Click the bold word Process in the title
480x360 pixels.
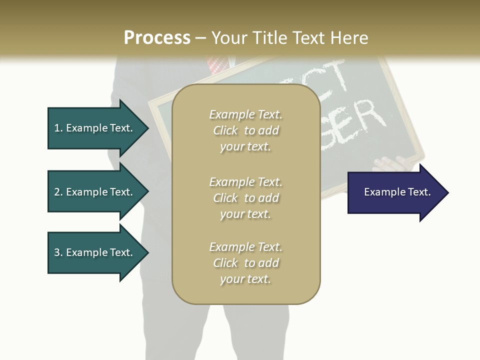157,38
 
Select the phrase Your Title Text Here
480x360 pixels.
290,38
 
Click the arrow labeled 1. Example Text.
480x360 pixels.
95,128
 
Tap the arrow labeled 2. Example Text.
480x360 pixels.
95,192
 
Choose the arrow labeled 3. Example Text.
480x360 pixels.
95,252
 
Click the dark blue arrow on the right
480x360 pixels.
395,192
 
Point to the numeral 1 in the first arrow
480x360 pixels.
57,128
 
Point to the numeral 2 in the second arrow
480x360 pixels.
57,192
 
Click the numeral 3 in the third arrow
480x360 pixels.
57,252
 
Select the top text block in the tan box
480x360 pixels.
246,130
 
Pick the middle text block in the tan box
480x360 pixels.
246,198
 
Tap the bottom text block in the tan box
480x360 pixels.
246,263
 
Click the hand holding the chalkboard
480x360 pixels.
392,164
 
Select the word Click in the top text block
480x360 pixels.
225,130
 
